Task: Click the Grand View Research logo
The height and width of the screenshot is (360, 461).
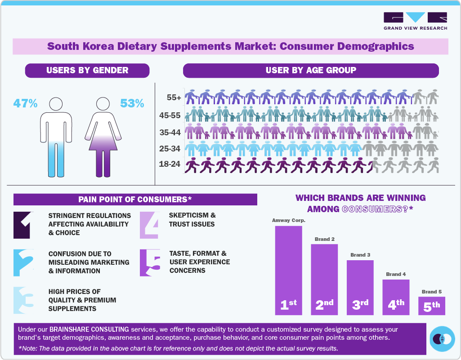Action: pos(415,21)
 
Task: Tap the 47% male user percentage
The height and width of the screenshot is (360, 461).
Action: pos(25,103)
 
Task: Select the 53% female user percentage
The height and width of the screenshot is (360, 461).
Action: pos(132,103)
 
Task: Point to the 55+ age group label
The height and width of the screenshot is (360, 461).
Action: pos(173,98)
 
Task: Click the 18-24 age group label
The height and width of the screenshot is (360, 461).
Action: pos(170,164)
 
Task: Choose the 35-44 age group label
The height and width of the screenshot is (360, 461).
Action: pos(170,133)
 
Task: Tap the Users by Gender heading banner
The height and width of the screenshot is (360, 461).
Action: pos(87,71)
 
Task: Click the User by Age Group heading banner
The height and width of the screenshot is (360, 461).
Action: pos(311,71)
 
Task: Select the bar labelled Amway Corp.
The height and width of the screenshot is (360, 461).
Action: pos(288,270)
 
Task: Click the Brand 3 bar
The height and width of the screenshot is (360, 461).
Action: pos(360,287)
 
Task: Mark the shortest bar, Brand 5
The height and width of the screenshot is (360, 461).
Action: pos(431,306)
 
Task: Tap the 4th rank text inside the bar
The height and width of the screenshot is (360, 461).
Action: pos(396,305)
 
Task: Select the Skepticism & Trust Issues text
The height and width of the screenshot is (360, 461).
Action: pos(192,220)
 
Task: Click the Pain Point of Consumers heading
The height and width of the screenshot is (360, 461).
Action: pos(135,200)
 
